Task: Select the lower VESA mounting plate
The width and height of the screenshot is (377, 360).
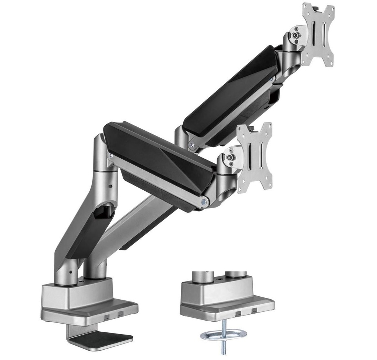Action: pos(255,158)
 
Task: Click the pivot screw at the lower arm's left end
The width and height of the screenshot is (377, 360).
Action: pos(110,156)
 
